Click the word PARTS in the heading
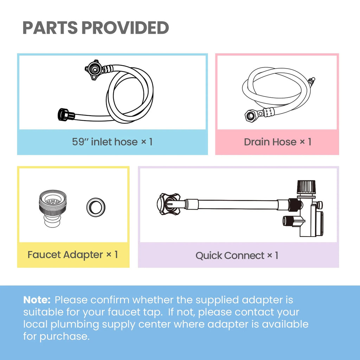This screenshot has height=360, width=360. (x=50, y=28)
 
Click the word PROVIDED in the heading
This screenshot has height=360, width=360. (x=126, y=28)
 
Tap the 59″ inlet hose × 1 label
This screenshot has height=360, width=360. (x=112, y=142)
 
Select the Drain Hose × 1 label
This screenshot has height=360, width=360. (x=277, y=142)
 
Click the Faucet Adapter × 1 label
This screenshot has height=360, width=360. (x=73, y=255)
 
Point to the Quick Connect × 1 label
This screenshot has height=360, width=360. (x=237, y=255)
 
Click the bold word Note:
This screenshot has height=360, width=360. (x=37, y=300)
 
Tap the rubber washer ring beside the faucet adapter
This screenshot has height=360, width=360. (x=96, y=207)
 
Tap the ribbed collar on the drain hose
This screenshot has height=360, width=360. (x=269, y=112)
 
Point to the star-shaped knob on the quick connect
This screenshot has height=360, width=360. (x=168, y=204)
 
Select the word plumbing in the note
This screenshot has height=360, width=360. (x=75, y=324)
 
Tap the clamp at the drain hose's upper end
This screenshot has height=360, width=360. (x=312, y=80)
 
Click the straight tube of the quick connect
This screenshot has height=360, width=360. (x=238, y=204)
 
